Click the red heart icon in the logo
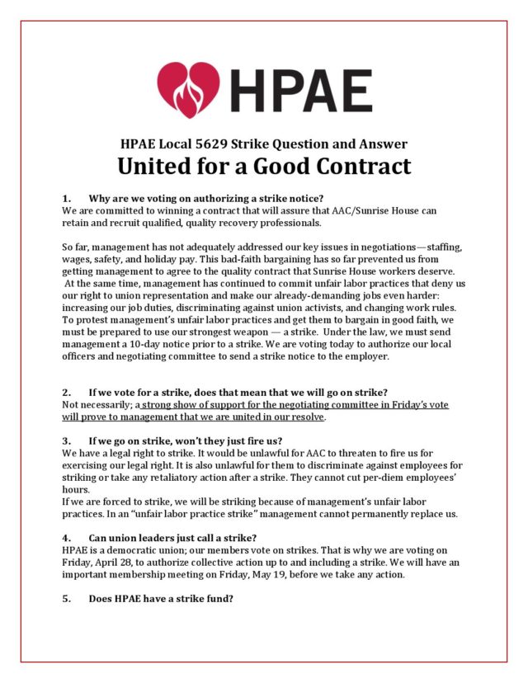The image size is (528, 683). pyautogui.click(x=189, y=89)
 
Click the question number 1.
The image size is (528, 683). pyautogui.click(x=66, y=198)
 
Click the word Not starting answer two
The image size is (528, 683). pyautogui.click(x=72, y=405)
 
